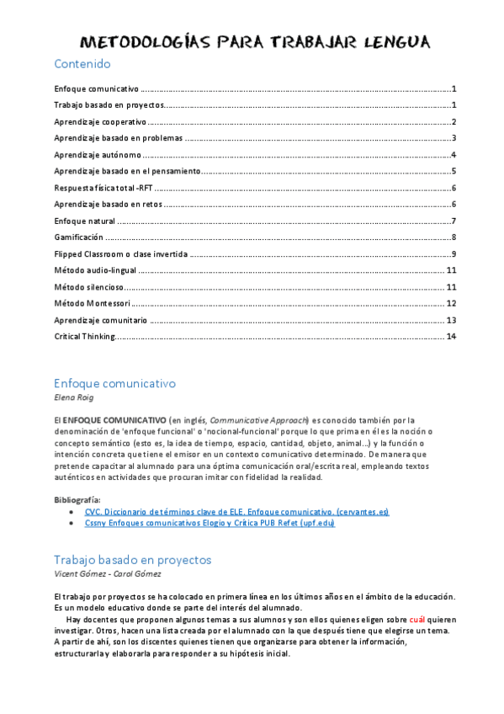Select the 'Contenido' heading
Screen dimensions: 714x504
[82, 64]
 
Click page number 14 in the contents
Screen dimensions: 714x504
[451, 337]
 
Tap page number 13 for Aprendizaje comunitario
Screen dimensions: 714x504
[451, 320]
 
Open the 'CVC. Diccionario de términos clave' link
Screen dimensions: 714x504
[236, 512]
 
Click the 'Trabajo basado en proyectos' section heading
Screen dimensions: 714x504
[132, 560]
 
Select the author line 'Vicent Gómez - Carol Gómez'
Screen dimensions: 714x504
[109, 573]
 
